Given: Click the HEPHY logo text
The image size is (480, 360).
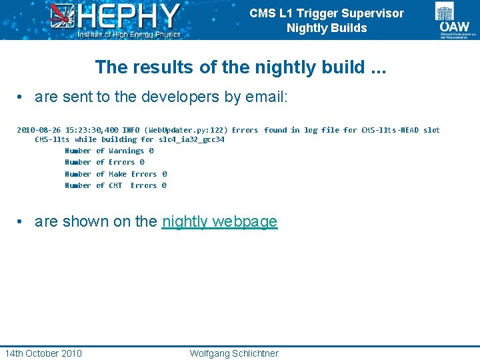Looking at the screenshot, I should tap(129, 15).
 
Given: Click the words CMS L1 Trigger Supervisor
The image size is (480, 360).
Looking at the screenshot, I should tap(327, 13).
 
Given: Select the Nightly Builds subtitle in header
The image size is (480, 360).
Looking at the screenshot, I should tap(327, 28).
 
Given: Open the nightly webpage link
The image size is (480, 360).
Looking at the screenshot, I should tap(219, 222).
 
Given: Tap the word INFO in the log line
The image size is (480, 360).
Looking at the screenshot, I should tap(131, 130).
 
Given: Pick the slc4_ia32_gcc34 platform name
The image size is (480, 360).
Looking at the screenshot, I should tap(191, 140).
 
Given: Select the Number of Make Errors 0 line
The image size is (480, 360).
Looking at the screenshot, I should tap(115, 174).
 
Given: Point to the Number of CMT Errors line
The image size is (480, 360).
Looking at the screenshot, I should tap(115, 185).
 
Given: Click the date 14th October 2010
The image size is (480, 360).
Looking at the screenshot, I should tap(43, 353).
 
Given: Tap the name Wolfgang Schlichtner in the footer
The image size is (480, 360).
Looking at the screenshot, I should tap(234, 353).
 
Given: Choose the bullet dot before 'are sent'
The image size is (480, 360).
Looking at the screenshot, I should tap(21, 98).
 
